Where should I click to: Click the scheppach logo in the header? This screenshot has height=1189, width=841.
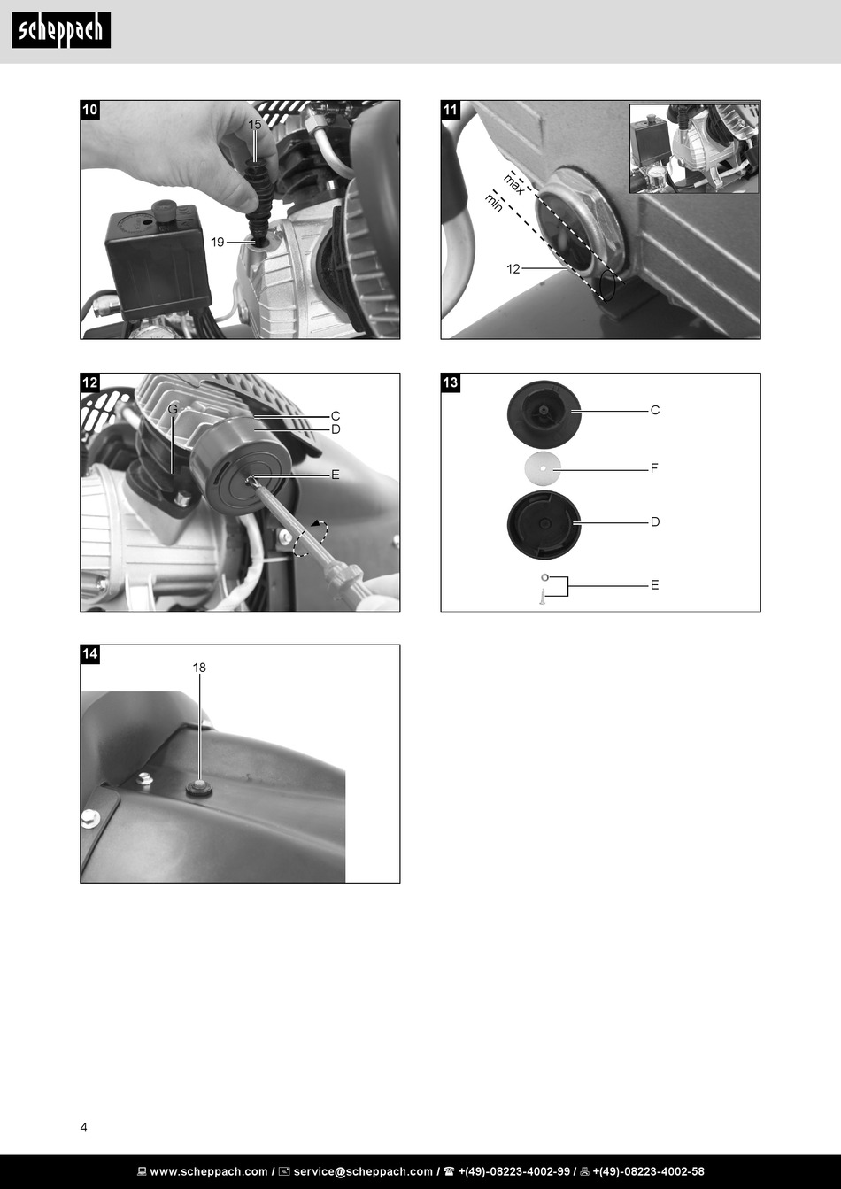click(61, 30)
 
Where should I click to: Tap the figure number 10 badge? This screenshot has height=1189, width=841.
click(89, 110)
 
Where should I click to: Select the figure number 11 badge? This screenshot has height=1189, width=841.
click(450, 110)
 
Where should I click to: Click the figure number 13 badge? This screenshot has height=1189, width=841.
click(450, 382)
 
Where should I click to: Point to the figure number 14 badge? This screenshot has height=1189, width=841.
click(89, 653)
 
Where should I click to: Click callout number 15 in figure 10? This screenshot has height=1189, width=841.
click(255, 124)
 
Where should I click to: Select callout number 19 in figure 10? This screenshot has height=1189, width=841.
click(218, 242)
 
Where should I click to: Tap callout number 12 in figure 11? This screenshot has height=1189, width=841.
click(513, 269)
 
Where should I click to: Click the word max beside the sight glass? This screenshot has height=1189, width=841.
click(513, 183)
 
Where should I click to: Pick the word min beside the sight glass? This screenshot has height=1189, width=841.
click(494, 203)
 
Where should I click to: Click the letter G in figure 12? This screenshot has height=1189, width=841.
click(173, 409)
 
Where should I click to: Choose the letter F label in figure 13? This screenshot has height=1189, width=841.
click(654, 468)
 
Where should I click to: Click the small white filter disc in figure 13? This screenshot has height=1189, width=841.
click(543, 468)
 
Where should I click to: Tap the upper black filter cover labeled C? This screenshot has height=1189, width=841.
click(544, 414)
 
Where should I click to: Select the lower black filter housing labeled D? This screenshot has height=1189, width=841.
click(544, 525)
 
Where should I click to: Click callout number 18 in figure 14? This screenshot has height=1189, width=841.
click(199, 668)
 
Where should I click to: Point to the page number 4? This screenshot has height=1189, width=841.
click(83, 1127)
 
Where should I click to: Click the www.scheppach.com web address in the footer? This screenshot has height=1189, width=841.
click(209, 1171)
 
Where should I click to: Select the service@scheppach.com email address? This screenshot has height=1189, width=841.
click(364, 1171)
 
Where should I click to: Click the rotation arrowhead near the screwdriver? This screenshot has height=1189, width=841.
click(316, 523)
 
